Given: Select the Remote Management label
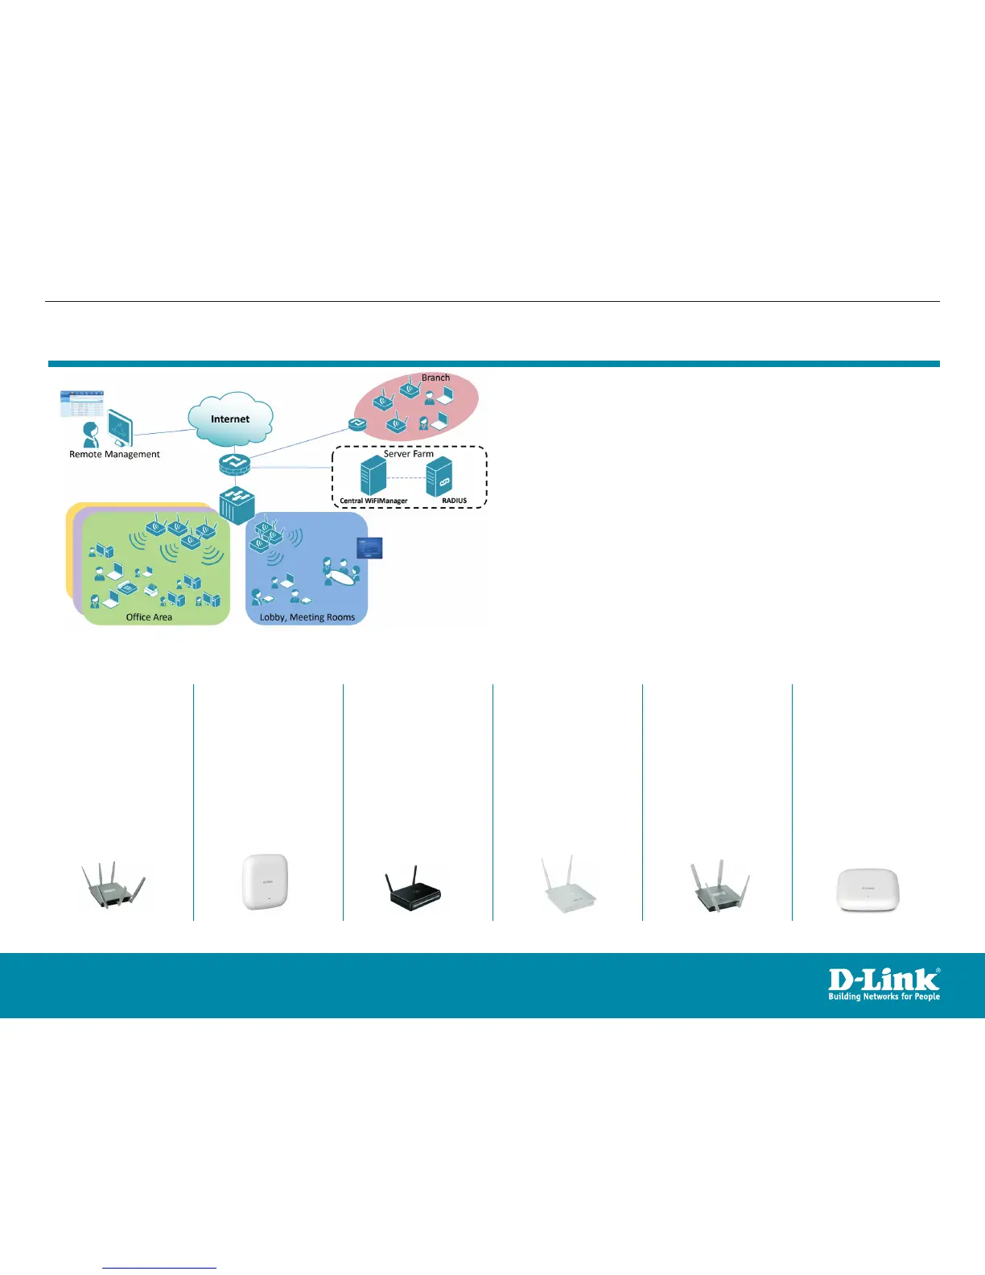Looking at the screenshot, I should [114, 455].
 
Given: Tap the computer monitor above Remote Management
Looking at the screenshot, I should [120, 427].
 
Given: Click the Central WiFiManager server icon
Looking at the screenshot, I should [373, 475].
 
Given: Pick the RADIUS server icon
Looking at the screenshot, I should [439, 476].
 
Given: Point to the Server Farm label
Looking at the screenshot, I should [408, 454].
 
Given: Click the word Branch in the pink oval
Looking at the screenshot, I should [435, 378].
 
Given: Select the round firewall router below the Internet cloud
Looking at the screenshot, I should [235, 464].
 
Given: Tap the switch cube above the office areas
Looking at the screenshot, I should [238, 504].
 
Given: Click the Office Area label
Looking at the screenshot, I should [149, 617].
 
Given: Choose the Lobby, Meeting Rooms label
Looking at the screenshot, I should [307, 617].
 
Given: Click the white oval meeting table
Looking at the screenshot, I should [341, 575].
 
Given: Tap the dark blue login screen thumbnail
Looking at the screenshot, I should [369, 548].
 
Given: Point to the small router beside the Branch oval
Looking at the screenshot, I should [357, 423].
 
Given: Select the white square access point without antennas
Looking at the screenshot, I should [265, 882].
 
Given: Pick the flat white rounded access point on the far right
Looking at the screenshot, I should [868, 889].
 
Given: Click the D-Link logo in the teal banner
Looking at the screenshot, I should [884, 980].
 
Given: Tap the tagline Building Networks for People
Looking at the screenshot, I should [884, 996].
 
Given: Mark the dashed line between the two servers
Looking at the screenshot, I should [406, 477].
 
